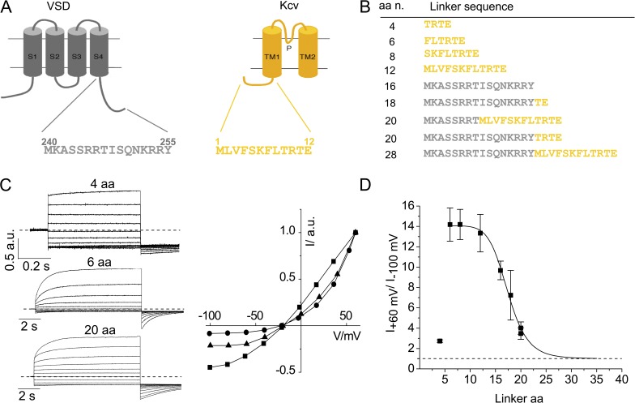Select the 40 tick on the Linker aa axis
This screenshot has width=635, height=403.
coord(622,378)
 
